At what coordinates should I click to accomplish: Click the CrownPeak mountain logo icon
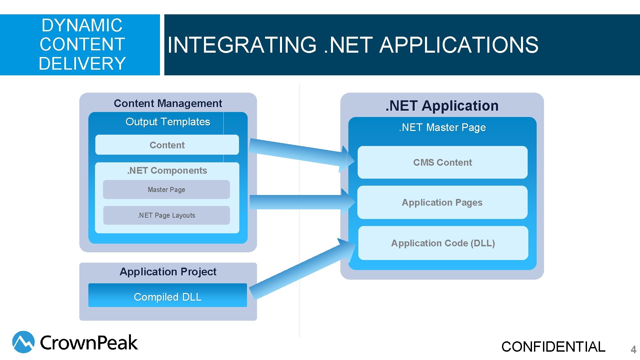point(23,342)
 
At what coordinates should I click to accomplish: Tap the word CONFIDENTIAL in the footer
point(553,347)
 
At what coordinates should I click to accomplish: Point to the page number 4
point(633,350)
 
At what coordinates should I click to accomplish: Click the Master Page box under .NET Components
point(166,190)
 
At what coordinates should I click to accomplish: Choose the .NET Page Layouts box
point(166,215)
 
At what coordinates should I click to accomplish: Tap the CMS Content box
point(442,162)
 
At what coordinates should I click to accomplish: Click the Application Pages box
point(442,202)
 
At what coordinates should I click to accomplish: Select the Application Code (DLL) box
point(443,243)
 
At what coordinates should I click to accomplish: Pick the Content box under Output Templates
point(167,145)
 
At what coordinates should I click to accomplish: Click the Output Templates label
point(168,122)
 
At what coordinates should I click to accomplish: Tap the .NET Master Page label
point(442,127)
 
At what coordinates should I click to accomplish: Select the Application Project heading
point(168,272)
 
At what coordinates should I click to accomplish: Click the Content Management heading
point(168,103)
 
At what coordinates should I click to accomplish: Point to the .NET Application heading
point(442,106)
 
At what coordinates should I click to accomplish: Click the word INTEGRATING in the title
point(242,45)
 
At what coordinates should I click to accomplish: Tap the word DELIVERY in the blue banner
point(82,63)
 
